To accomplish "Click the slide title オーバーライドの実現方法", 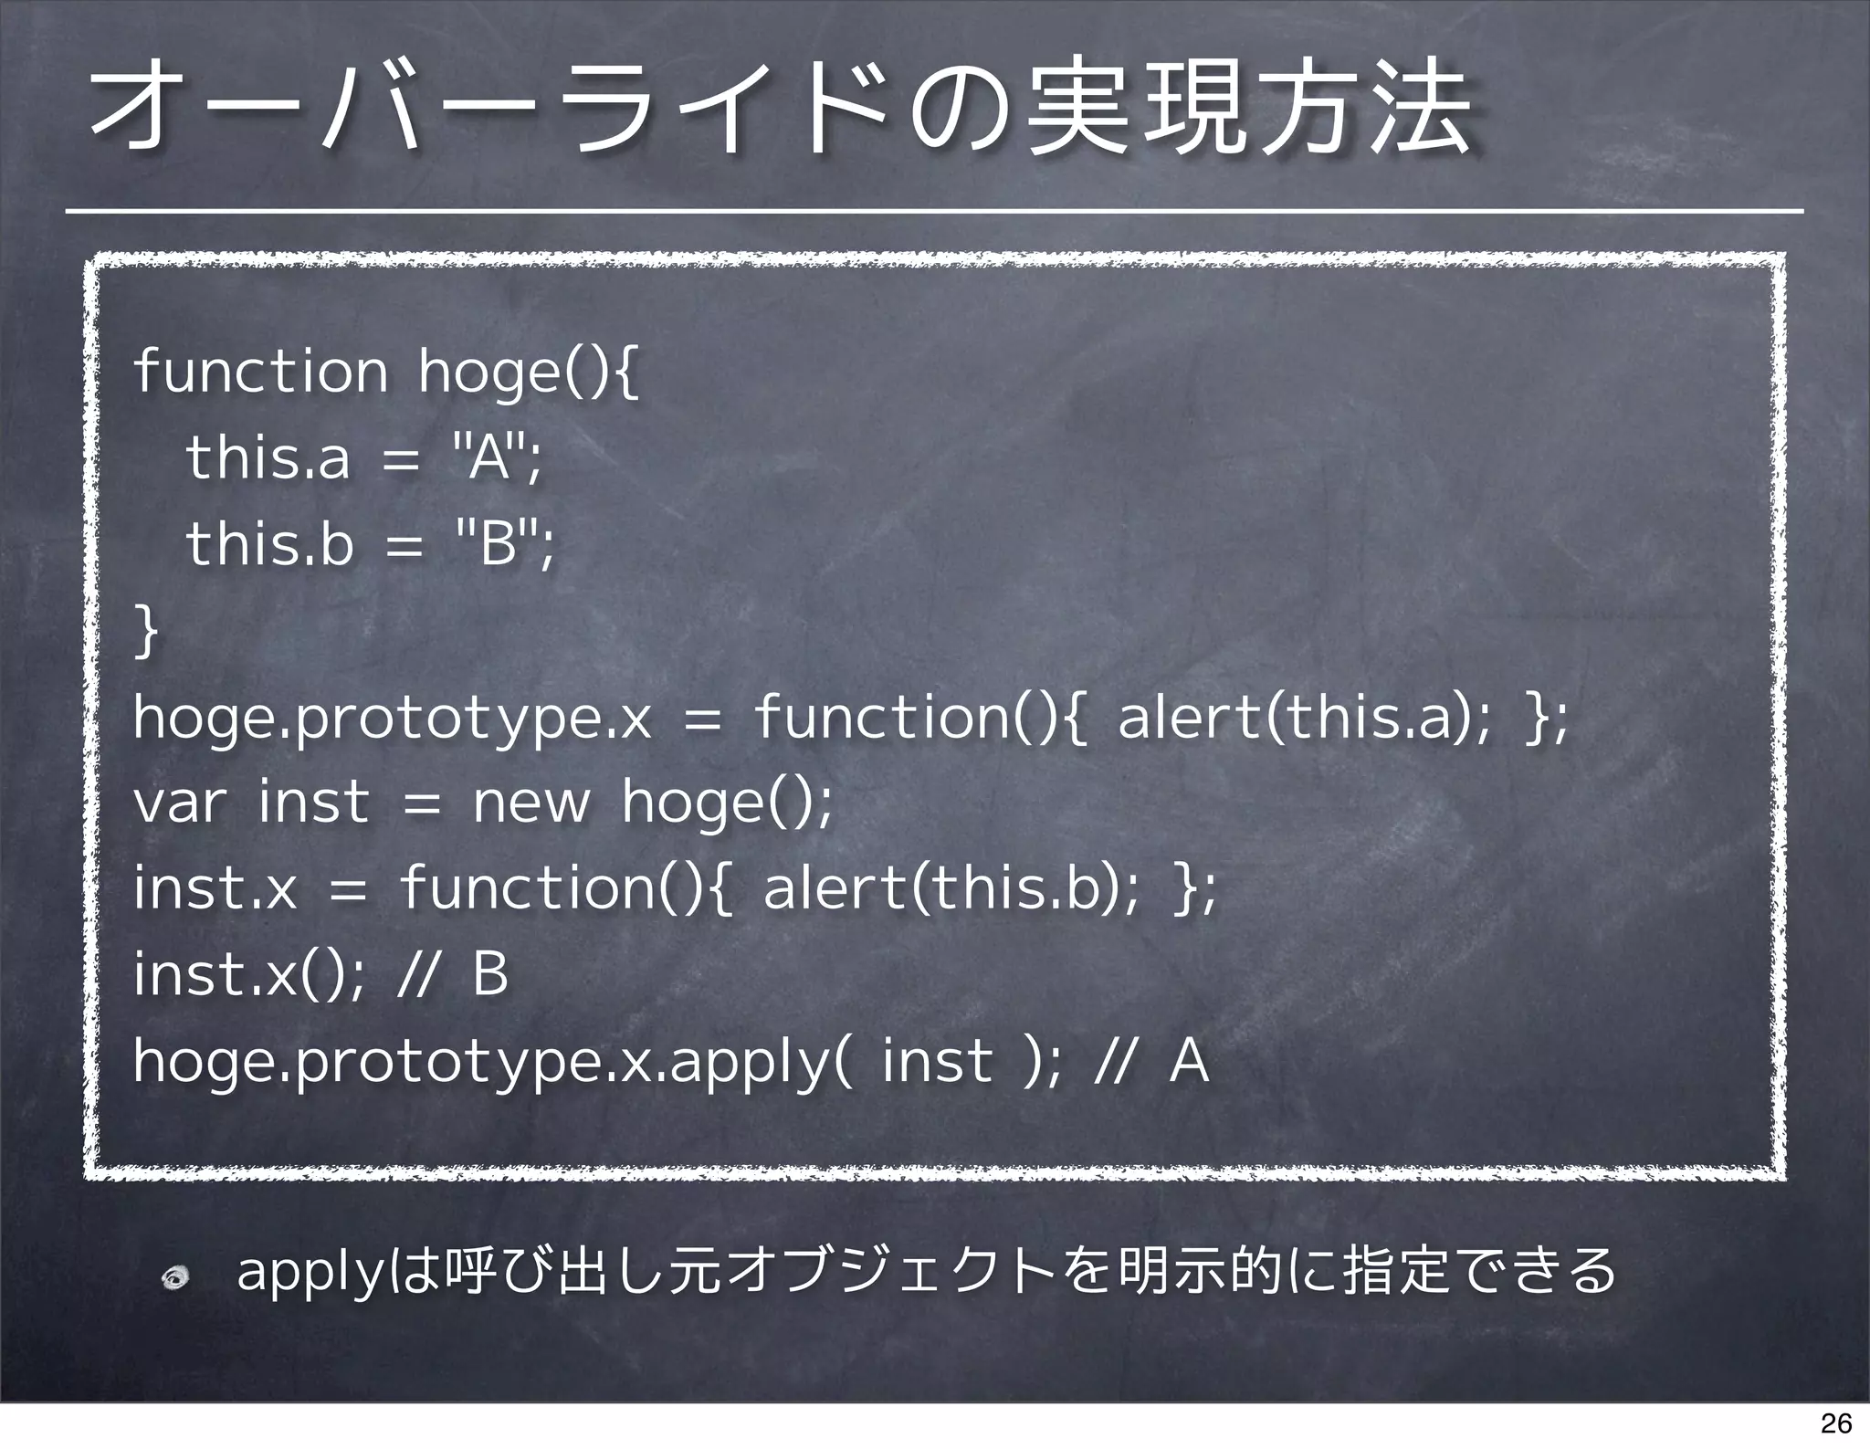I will [782, 114].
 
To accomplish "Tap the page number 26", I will [1835, 1423].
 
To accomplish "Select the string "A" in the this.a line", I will [491, 457].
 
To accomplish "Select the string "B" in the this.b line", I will [498, 544].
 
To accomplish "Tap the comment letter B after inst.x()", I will [490, 974].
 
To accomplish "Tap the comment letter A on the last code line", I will [1189, 1061].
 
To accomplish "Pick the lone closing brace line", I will [146, 630].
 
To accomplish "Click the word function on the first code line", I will [260, 372].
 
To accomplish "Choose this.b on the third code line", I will [269, 544].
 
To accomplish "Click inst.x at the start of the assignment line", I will [215, 889].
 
